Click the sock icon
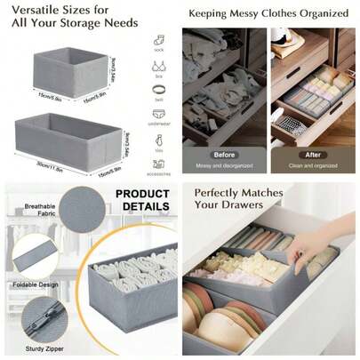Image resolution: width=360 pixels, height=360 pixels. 157,40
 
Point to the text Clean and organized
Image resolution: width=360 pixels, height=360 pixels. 313,164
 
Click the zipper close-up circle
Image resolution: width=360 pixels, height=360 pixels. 36,317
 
